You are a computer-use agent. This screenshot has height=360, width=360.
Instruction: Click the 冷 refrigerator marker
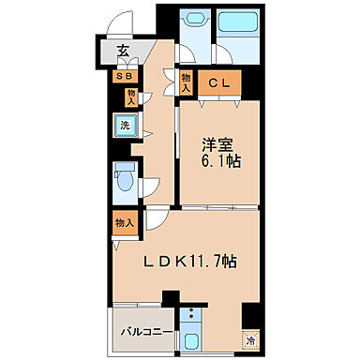(249, 341)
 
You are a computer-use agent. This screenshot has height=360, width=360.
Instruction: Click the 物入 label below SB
(131, 96)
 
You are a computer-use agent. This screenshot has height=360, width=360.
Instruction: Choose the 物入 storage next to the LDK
(124, 222)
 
